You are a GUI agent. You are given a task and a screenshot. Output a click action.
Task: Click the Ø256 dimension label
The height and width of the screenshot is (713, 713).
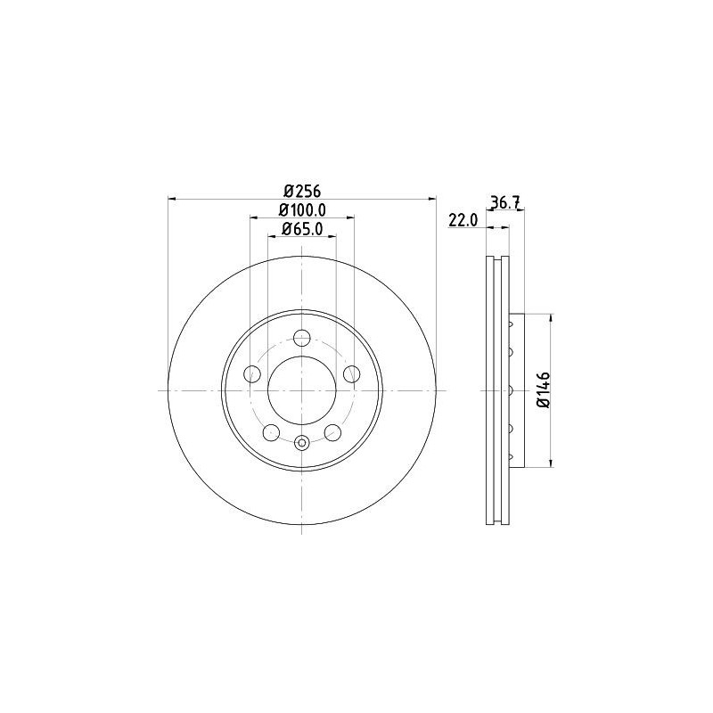click(301, 190)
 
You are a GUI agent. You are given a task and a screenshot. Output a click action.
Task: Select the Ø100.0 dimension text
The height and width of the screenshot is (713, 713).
click(302, 209)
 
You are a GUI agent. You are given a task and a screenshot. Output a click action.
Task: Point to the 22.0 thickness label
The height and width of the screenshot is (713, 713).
click(463, 220)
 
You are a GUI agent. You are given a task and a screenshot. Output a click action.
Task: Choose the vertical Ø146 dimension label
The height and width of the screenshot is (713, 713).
click(543, 389)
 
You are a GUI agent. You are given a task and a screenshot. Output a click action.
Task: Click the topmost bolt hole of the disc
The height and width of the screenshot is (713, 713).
click(301, 337)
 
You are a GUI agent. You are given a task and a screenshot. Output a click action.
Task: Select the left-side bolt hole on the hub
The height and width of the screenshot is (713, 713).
click(251, 373)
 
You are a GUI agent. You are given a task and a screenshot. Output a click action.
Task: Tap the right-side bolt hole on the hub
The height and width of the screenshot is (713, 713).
click(352, 373)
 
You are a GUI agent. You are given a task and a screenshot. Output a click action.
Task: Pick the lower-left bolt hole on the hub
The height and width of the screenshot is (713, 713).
click(271, 433)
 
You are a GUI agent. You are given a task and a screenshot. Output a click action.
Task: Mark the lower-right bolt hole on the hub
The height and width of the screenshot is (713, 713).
click(332, 433)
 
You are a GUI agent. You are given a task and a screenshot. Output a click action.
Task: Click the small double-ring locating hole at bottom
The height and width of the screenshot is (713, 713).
click(301, 443)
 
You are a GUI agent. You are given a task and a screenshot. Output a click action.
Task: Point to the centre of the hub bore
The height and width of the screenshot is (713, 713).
click(301, 390)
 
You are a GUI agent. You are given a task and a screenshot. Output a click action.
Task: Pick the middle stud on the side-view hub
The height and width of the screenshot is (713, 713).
click(512, 390)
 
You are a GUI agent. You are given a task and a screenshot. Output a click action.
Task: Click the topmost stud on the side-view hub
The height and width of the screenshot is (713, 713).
click(512, 324)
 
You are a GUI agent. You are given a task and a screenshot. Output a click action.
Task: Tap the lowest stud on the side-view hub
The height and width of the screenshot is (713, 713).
click(512, 456)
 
